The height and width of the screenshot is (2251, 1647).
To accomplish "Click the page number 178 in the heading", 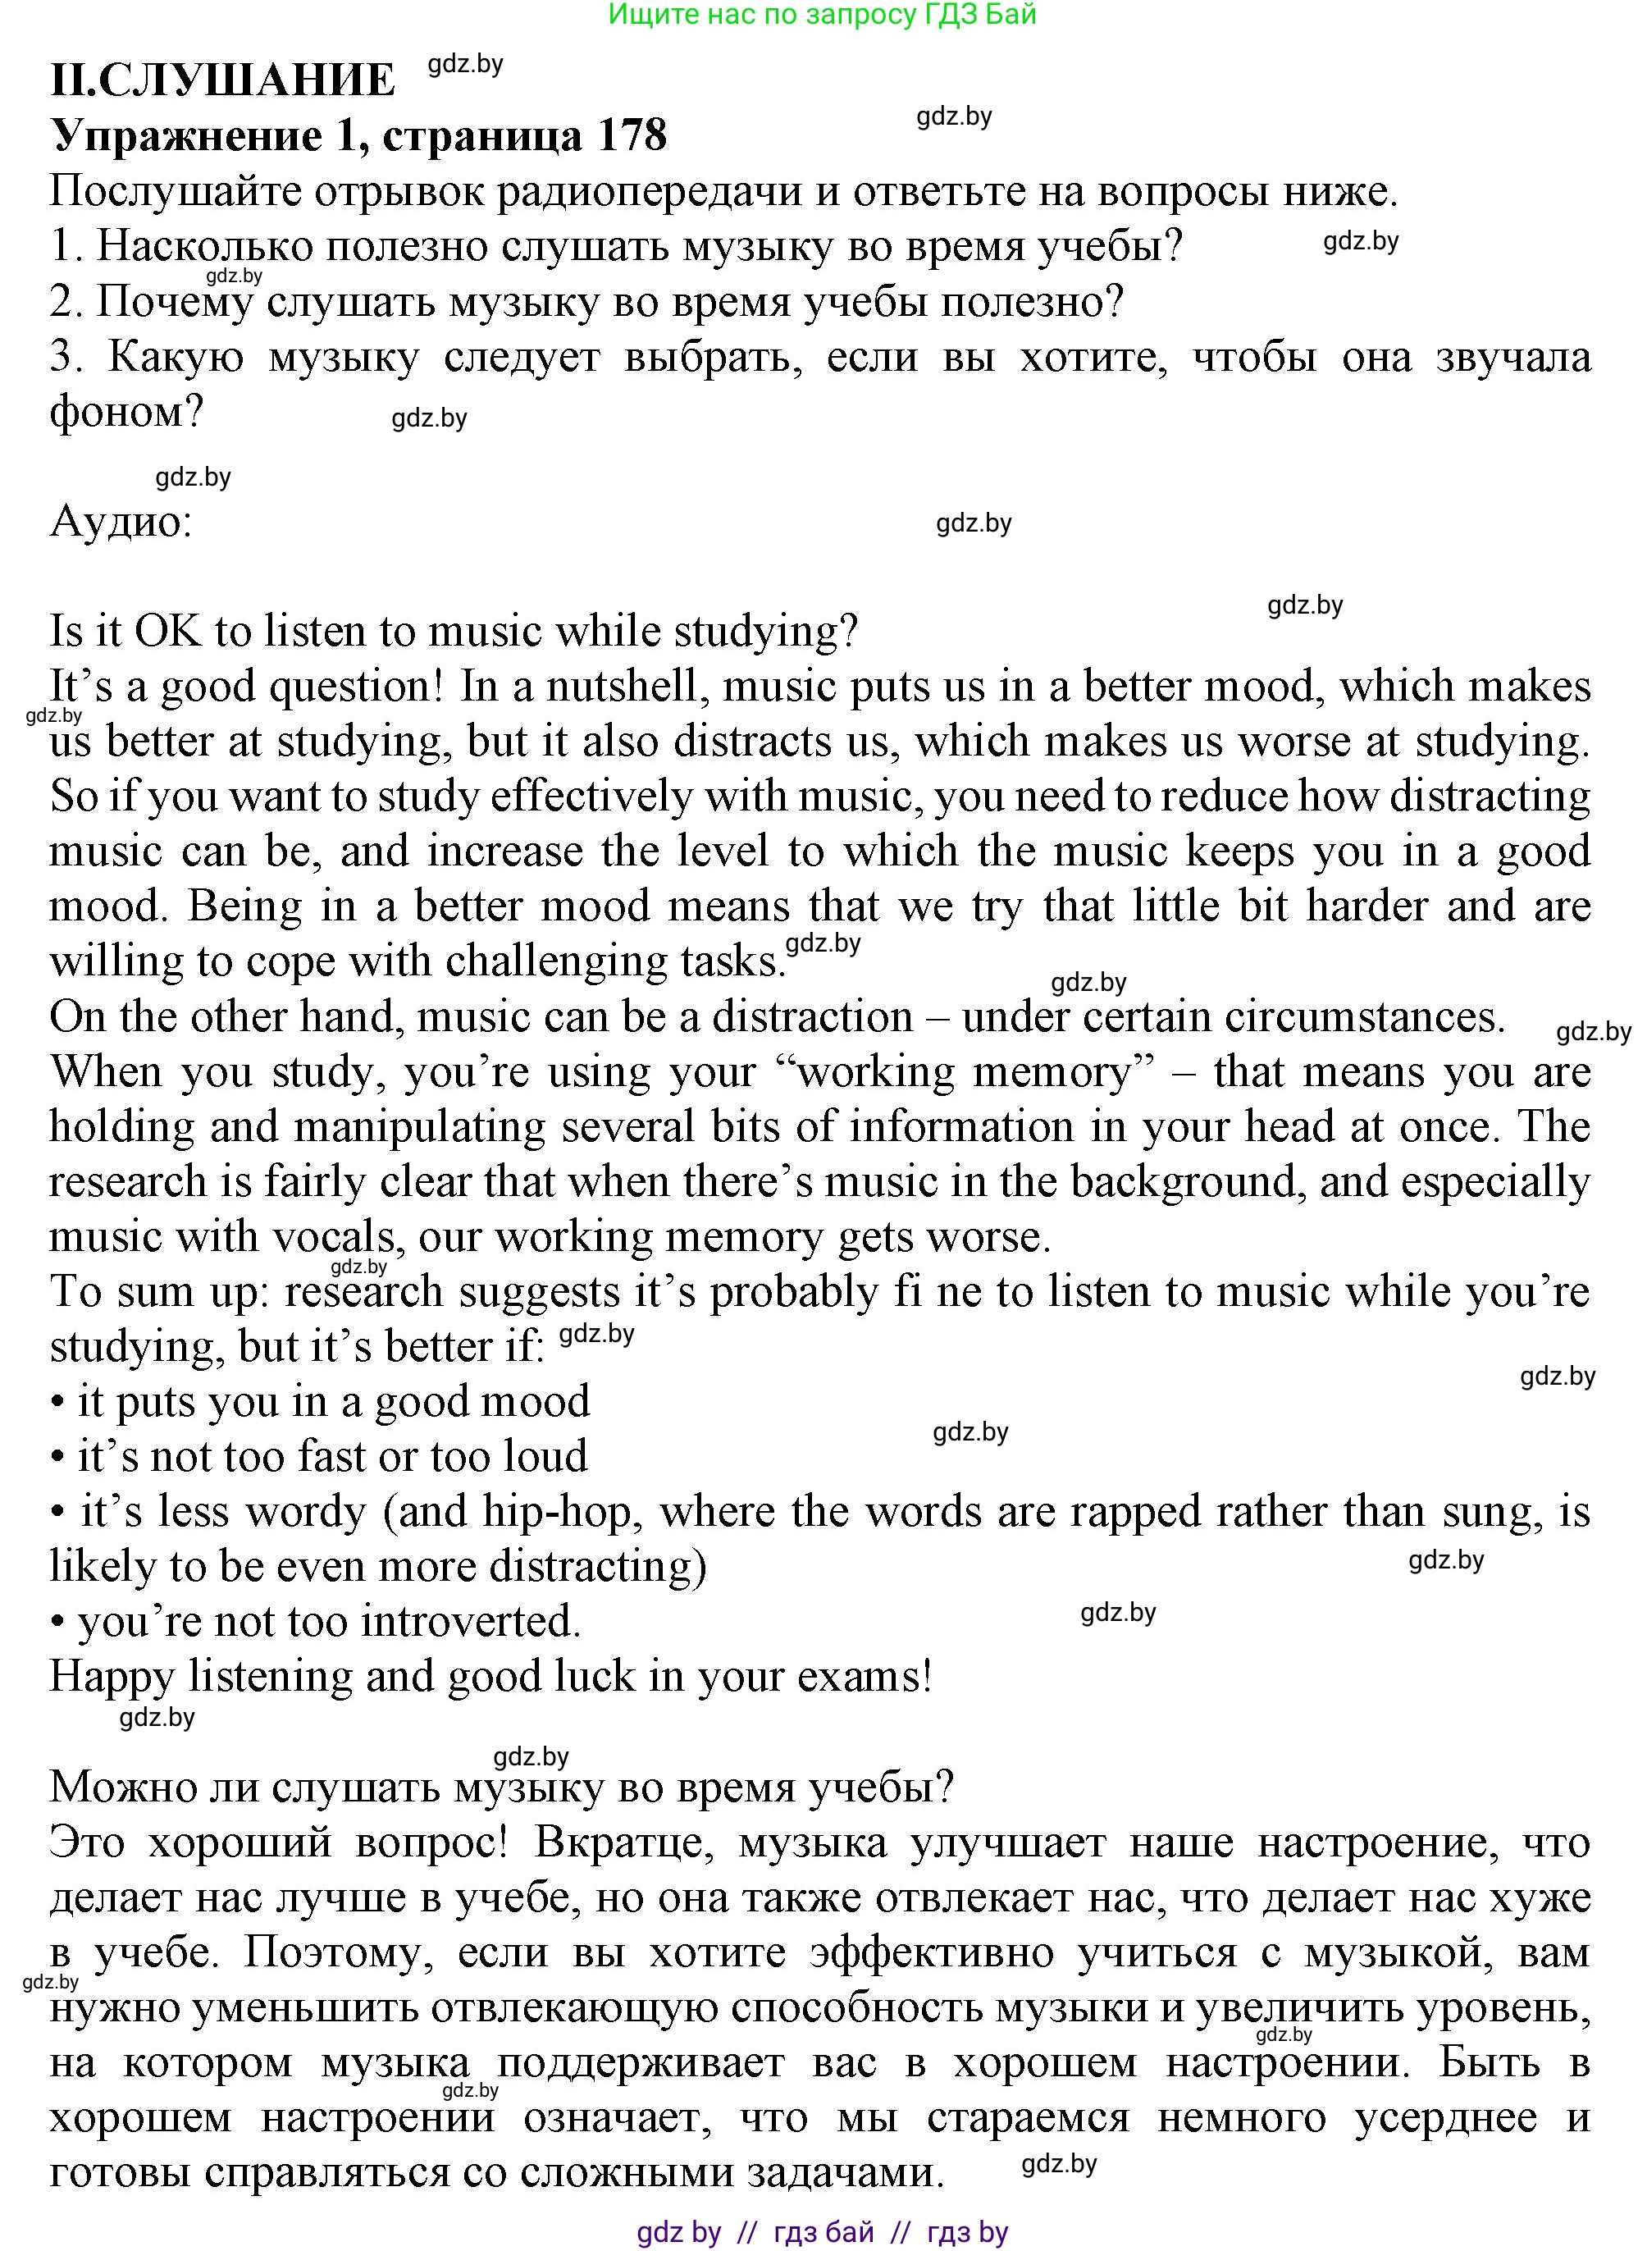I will point(631,135).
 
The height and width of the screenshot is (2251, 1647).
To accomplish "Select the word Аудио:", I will point(121,522).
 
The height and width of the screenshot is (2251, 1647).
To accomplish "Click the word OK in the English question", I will point(167,631).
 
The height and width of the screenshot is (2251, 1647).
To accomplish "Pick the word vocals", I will point(335,1237).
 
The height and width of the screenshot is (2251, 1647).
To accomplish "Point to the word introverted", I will point(469,1622).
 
